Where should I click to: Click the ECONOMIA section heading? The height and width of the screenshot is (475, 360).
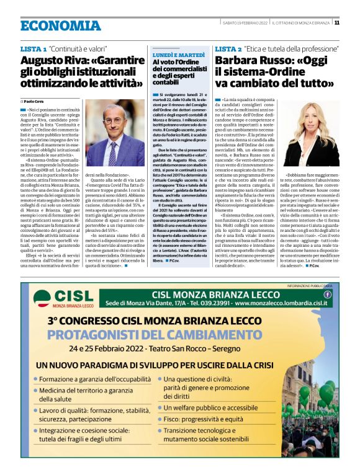tap(60, 25)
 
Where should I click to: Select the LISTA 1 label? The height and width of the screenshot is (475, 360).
tap(34, 48)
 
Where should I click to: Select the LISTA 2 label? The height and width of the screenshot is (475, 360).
tap(228, 48)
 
